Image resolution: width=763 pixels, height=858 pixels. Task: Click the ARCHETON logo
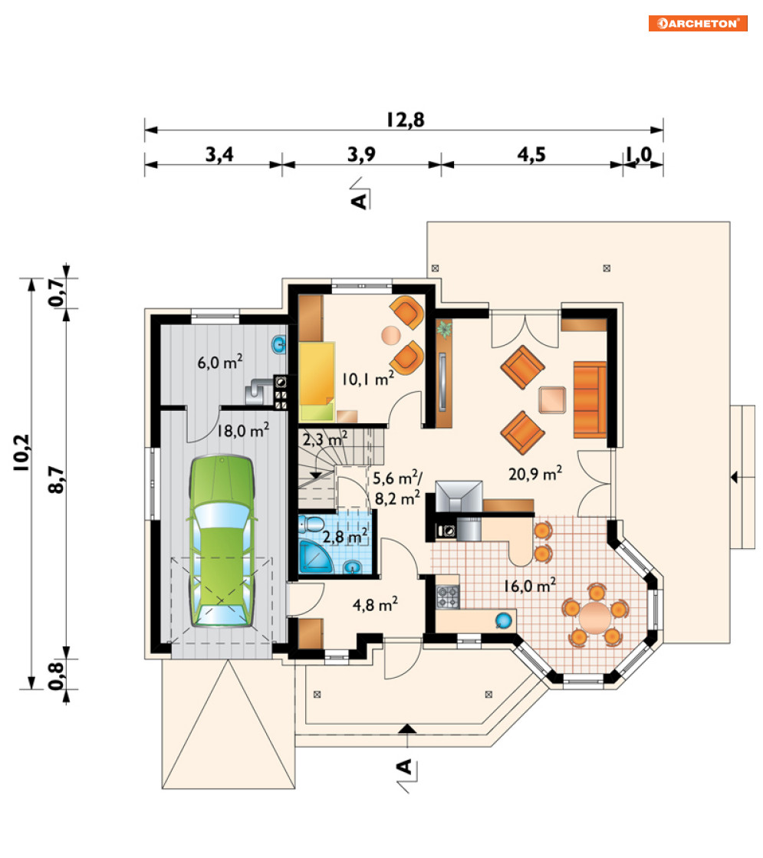click(697, 23)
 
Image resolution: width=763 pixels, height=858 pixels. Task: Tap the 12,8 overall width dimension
click(405, 120)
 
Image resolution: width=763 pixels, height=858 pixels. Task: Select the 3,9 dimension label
click(362, 154)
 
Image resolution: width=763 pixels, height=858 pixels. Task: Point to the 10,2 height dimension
click(21, 453)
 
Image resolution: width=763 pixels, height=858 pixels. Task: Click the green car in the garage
click(222, 541)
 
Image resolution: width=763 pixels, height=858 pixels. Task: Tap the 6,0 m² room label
click(220, 362)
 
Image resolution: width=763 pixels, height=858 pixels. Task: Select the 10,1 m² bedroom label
click(368, 379)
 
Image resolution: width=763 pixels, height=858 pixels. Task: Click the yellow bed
click(317, 381)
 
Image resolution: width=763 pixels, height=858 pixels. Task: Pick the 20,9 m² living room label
click(535, 473)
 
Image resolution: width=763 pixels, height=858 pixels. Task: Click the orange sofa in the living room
click(590, 399)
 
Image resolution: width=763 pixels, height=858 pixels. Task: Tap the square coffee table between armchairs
click(551, 399)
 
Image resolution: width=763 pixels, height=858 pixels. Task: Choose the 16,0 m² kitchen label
click(530, 586)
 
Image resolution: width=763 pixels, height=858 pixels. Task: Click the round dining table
click(595, 616)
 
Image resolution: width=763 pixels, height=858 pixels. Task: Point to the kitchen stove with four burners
click(447, 597)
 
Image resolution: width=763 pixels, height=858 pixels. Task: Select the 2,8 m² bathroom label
click(344, 537)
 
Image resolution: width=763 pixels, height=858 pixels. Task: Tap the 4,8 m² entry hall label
click(375, 605)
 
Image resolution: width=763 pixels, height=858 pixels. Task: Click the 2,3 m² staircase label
click(325, 439)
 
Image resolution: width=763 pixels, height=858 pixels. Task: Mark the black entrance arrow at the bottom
click(406, 728)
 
